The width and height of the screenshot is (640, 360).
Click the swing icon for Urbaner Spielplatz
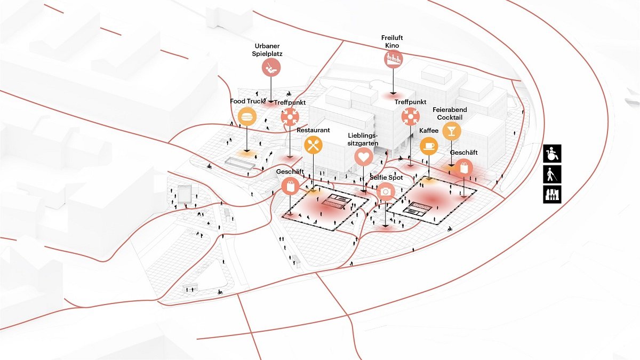click(271, 67)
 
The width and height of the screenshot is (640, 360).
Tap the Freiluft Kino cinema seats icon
click(394, 59)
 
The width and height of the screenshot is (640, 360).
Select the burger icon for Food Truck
click(247, 117)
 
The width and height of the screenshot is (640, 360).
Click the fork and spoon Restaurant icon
click(314, 145)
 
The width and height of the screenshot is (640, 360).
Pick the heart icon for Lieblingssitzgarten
click(364, 157)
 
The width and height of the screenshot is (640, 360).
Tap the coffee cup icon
click(429, 146)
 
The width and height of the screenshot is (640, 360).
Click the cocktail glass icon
click(452, 131)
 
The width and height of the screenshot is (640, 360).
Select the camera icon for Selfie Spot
click(386, 191)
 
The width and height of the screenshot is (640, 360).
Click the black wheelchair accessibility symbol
click(552, 154)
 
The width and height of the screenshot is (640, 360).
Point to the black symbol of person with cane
click(552, 174)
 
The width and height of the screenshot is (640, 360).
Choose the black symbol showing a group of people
click(552, 194)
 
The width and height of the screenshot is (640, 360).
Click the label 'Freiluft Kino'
click(392, 42)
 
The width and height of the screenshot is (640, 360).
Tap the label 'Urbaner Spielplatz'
click(267, 50)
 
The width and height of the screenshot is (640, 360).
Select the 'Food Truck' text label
click(247, 101)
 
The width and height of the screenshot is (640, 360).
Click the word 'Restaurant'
click(313, 130)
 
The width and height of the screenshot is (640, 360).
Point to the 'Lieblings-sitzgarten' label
click(363, 139)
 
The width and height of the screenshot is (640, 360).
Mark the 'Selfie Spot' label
click(386, 178)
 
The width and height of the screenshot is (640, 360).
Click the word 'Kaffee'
click(429, 131)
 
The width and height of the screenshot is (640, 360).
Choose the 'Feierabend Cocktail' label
click(450, 114)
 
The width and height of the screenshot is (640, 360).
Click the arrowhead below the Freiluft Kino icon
click(394, 93)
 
